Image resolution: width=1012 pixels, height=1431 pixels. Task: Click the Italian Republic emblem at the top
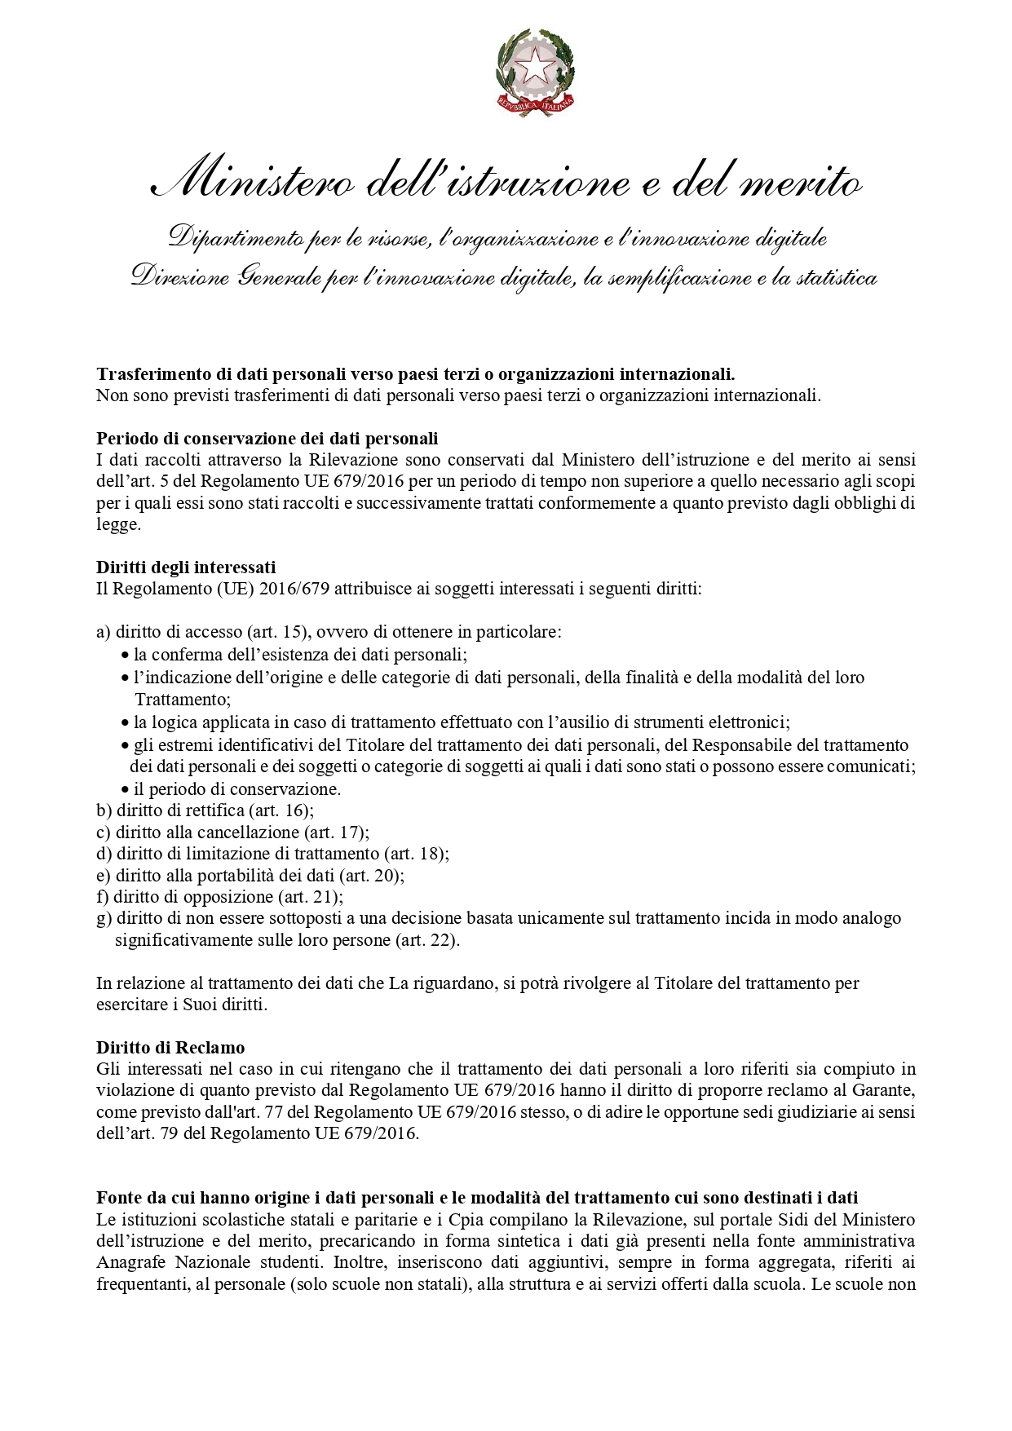click(536, 68)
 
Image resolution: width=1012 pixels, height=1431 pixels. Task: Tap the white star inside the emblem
click(536, 66)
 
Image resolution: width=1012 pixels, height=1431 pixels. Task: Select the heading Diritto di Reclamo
click(170, 1048)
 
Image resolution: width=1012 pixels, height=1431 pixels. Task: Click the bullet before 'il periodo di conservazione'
click(125, 790)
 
